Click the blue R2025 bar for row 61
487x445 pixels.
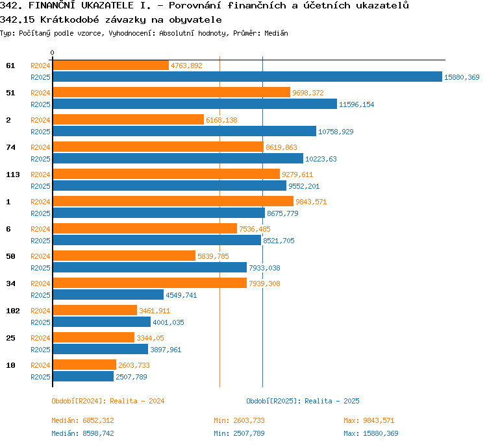pyautogui.click(x=247, y=77)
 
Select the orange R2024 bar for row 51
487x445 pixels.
pyautogui.click(x=171, y=92)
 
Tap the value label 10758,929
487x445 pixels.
pyautogui.click(x=336, y=132)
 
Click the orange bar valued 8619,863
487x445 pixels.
pyautogui.click(x=158, y=147)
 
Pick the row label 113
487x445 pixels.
pyautogui.click(x=13, y=174)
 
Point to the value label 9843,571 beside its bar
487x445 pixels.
pyautogui.click(x=311, y=202)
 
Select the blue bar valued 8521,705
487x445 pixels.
pyautogui.click(x=157, y=240)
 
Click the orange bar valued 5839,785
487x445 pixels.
pyautogui.click(x=124, y=256)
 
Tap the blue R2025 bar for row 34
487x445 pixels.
pyautogui.click(x=108, y=295)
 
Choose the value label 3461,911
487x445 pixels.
pyautogui.click(x=155, y=311)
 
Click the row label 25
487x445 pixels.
pyautogui.click(x=10, y=338)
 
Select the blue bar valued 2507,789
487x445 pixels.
pyautogui.click(x=83, y=376)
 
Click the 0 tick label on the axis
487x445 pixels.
pyautogui.click(x=52, y=53)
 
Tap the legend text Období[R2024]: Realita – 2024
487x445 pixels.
pyautogui.click(x=108, y=401)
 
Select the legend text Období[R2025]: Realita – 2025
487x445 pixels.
pyautogui.click(x=303, y=401)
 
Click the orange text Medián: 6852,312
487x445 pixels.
pyautogui.click(x=82, y=420)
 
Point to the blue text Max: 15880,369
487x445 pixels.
pyautogui.click(x=371, y=433)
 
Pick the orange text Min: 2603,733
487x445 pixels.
pyautogui.click(x=239, y=420)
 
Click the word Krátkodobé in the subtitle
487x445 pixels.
pyautogui.click(x=69, y=19)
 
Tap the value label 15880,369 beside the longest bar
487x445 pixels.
pyautogui.click(x=462, y=77)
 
